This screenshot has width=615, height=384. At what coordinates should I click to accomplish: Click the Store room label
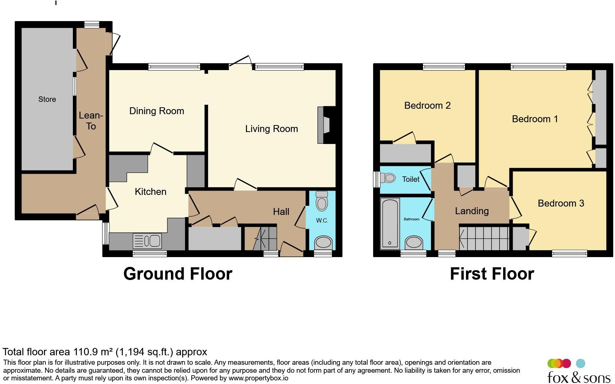(47, 99)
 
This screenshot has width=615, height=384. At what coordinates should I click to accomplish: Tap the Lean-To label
(91, 121)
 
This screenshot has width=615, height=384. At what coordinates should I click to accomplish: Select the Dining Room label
(157, 111)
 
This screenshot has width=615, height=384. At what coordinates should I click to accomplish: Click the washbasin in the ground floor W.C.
(323, 243)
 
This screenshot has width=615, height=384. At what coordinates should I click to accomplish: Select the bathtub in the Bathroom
(390, 223)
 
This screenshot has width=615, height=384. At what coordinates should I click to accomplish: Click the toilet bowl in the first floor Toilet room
(388, 178)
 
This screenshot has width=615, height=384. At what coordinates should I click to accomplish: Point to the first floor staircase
(484, 238)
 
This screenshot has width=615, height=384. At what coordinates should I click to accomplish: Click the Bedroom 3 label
(561, 203)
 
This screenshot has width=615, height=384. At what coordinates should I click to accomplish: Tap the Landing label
(471, 211)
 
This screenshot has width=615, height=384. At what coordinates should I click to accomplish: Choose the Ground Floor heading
(178, 274)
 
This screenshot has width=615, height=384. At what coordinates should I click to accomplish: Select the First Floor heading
(492, 274)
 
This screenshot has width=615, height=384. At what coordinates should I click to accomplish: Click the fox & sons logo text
(579, 377)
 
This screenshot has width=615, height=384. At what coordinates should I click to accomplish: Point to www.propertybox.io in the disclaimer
(258, 378)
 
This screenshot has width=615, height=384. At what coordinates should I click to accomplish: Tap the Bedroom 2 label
(427, 105)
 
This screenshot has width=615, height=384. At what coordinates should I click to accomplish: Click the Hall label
(281, 212)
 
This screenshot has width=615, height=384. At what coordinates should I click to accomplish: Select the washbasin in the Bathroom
(414, 243)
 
